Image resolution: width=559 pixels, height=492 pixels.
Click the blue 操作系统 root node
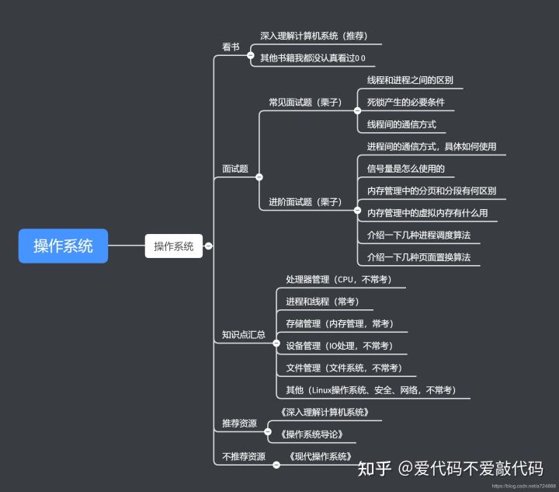tap(63, 246)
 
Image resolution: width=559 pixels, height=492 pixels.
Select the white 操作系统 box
tap(173, 246)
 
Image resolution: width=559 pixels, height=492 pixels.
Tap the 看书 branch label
tap(231, 47)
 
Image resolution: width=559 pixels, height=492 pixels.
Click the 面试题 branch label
tap(234, 168)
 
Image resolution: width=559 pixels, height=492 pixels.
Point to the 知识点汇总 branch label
tap(243, 335)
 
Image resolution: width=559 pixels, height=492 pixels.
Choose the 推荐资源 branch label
tap(239, 424)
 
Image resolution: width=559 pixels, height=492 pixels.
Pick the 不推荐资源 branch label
tap(243, 457)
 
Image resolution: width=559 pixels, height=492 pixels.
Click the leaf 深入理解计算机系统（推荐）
tap(314, 36)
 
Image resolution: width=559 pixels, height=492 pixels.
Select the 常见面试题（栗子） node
tap(305, 102)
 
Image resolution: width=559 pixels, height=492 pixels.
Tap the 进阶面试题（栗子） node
tap(305, 202)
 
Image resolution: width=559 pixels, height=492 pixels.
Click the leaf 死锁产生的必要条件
tap(405, 102)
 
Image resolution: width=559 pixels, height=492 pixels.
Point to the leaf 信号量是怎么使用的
tap(405, 169)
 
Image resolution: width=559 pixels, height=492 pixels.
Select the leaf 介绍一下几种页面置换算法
tap(418, 257)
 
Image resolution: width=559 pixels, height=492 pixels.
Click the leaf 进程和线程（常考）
tap(322, 302)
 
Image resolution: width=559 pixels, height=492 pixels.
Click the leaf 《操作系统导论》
tap(311, 434)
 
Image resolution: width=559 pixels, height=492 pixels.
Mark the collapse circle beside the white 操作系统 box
tap(208, 246)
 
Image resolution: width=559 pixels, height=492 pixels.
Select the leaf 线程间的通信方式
tap(401, 124)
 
